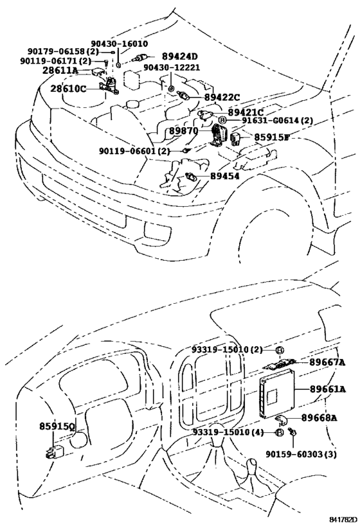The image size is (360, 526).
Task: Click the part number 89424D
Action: (180, 56)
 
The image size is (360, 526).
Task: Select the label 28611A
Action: (60, 71)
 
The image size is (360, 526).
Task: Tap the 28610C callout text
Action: (68, 89)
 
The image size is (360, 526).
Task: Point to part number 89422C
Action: (222, 97)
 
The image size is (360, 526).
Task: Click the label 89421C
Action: (246, 112)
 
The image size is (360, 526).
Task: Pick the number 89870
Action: (183, 130)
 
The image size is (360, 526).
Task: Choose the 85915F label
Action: (271, 137)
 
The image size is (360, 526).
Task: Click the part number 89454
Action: (224, 175)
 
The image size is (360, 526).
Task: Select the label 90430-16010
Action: (119, 44)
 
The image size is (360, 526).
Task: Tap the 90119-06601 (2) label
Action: (134, 152)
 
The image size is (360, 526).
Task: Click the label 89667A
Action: (327, 362)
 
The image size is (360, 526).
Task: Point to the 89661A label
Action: (328, 389)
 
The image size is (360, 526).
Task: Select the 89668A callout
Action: (319, 417)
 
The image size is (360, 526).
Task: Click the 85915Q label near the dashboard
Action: (57, 426)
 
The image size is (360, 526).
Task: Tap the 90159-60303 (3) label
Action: (301, 454)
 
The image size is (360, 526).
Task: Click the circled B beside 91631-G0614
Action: (222, 121)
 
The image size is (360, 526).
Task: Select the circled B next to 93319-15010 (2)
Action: (280, 350)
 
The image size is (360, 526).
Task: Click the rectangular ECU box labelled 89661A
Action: (277, 393)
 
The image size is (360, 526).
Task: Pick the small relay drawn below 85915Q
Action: (53, 451)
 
